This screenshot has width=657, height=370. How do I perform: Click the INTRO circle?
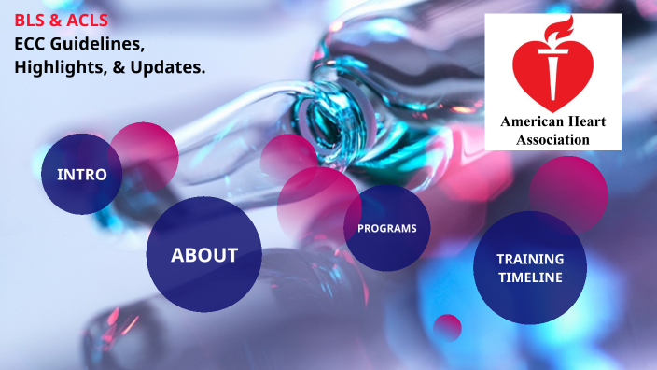[81, 175]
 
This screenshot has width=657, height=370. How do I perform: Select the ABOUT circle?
[203, 255]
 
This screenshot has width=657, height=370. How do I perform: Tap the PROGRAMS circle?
[386, 229]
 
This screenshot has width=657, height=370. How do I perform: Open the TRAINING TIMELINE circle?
[529, 267]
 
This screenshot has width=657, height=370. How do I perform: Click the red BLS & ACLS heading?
[62, 20]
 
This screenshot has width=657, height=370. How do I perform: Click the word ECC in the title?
[31, 44]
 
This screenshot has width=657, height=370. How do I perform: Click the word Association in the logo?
[553, 139]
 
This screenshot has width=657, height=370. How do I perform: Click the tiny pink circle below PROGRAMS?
[448, 327]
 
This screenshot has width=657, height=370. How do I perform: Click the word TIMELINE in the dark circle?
[529, 277]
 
